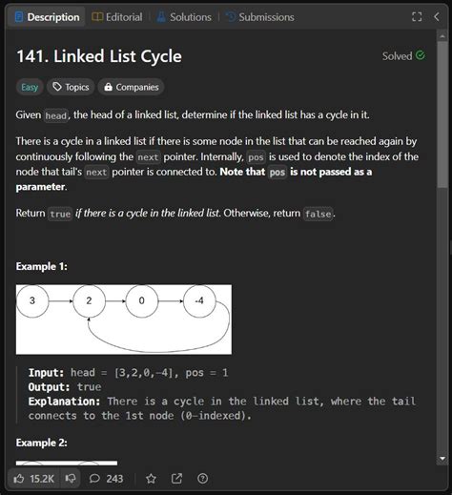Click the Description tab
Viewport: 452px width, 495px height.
pos(47,17)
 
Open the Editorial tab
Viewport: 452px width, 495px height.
pos(118,17)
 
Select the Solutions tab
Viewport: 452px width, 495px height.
pos(184,17)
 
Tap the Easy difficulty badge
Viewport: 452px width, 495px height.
pos(30,87)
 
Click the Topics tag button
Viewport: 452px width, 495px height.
pos(71,87)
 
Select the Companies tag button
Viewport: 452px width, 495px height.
pos(131,87)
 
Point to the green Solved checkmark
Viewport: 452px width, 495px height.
pos(421,55)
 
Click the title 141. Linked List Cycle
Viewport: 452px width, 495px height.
pos(98,56)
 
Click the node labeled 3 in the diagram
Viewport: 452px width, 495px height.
pos(32,300)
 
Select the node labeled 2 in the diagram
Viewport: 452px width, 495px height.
pos(88,300)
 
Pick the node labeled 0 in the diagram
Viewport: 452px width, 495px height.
pos(142,300)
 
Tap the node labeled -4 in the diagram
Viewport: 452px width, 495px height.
pos(197,300)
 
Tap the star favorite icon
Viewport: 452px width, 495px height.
pos(151,478)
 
